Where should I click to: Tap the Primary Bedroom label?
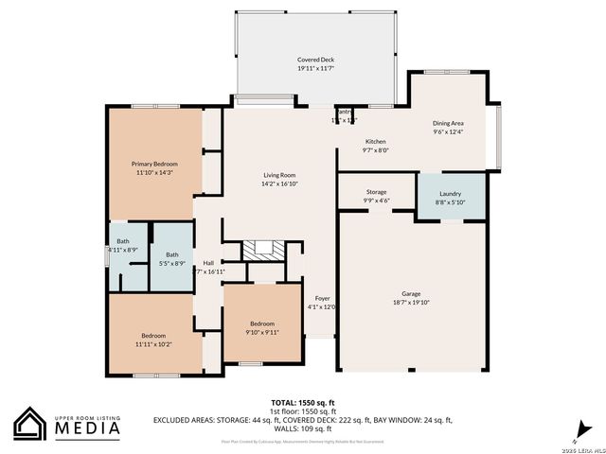[x=154, y=164]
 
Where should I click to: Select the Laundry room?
[x=451, y=193]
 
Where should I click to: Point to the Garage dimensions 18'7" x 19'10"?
[x=410, y=303]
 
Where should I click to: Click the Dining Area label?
[x=448, y=123]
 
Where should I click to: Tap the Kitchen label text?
[x=376, y=140]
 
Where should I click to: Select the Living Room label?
[x=279, y=175]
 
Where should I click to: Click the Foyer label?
[x=322, y=297]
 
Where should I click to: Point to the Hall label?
[x=207, y=262]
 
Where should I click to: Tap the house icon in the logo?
[x=30, y=424]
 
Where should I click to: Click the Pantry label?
[x=342, y=112]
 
